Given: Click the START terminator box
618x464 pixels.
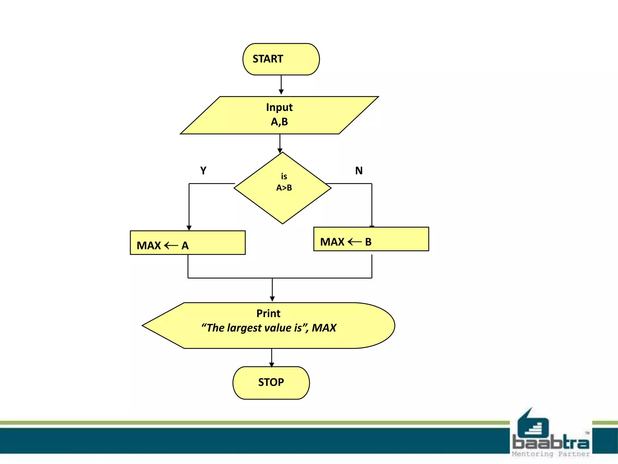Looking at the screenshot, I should click(x=281, y=59).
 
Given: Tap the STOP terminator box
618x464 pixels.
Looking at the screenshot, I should click(x=271, y=383).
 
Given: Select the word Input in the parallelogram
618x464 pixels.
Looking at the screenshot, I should click(x=279, y=108).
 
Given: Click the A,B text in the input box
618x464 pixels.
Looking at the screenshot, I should click(x=279, y=122).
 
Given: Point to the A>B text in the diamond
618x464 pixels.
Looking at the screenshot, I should click(x=284, y=188).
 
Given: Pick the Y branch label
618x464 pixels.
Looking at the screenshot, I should click(x=203, y=171).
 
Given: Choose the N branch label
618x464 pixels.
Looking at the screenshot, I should click(x=359, y=171).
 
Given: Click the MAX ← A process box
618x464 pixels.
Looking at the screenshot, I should click(x=187, y=243).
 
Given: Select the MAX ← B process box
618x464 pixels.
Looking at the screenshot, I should click(x=371, y=239).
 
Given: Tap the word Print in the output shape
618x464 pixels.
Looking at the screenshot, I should click(x=268, y=314).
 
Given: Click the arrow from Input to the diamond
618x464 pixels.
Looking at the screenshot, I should click(x=280, y=143).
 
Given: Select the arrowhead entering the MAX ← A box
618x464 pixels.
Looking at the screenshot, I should click(x=189, y=228).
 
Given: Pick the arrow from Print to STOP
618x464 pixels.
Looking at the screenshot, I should click(x=272, y=358).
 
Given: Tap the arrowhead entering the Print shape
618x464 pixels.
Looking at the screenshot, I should click(x=272, y=299).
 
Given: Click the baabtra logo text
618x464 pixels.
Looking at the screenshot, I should click(x=550, y=443).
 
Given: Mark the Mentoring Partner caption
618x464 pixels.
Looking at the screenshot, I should click(x=550, y=454).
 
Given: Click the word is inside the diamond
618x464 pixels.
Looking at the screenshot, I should click(x=284, y=176).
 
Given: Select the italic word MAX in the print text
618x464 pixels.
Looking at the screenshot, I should click(x=324, y=328).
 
